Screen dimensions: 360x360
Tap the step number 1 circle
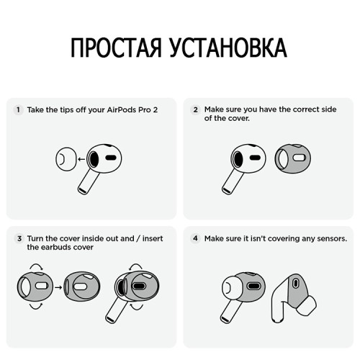18,110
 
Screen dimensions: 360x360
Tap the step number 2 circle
195,110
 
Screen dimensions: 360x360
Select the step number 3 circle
18,238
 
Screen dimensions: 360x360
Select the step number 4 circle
195,238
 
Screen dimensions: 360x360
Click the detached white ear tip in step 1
65,158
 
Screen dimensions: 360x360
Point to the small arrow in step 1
81,158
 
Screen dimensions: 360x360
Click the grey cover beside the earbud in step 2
293,158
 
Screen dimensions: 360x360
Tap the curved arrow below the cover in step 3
35,307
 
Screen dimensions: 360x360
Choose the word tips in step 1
65,110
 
